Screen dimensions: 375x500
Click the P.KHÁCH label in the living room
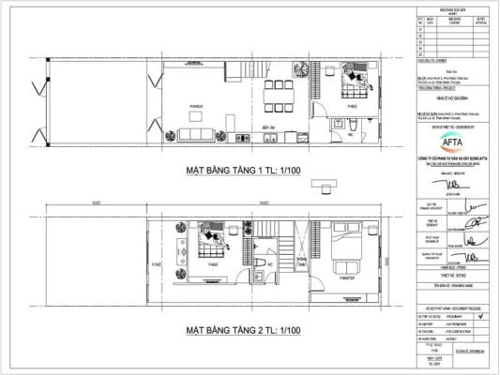click(x=198, y=108)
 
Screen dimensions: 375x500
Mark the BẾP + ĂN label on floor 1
click(x=267, y=126)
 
